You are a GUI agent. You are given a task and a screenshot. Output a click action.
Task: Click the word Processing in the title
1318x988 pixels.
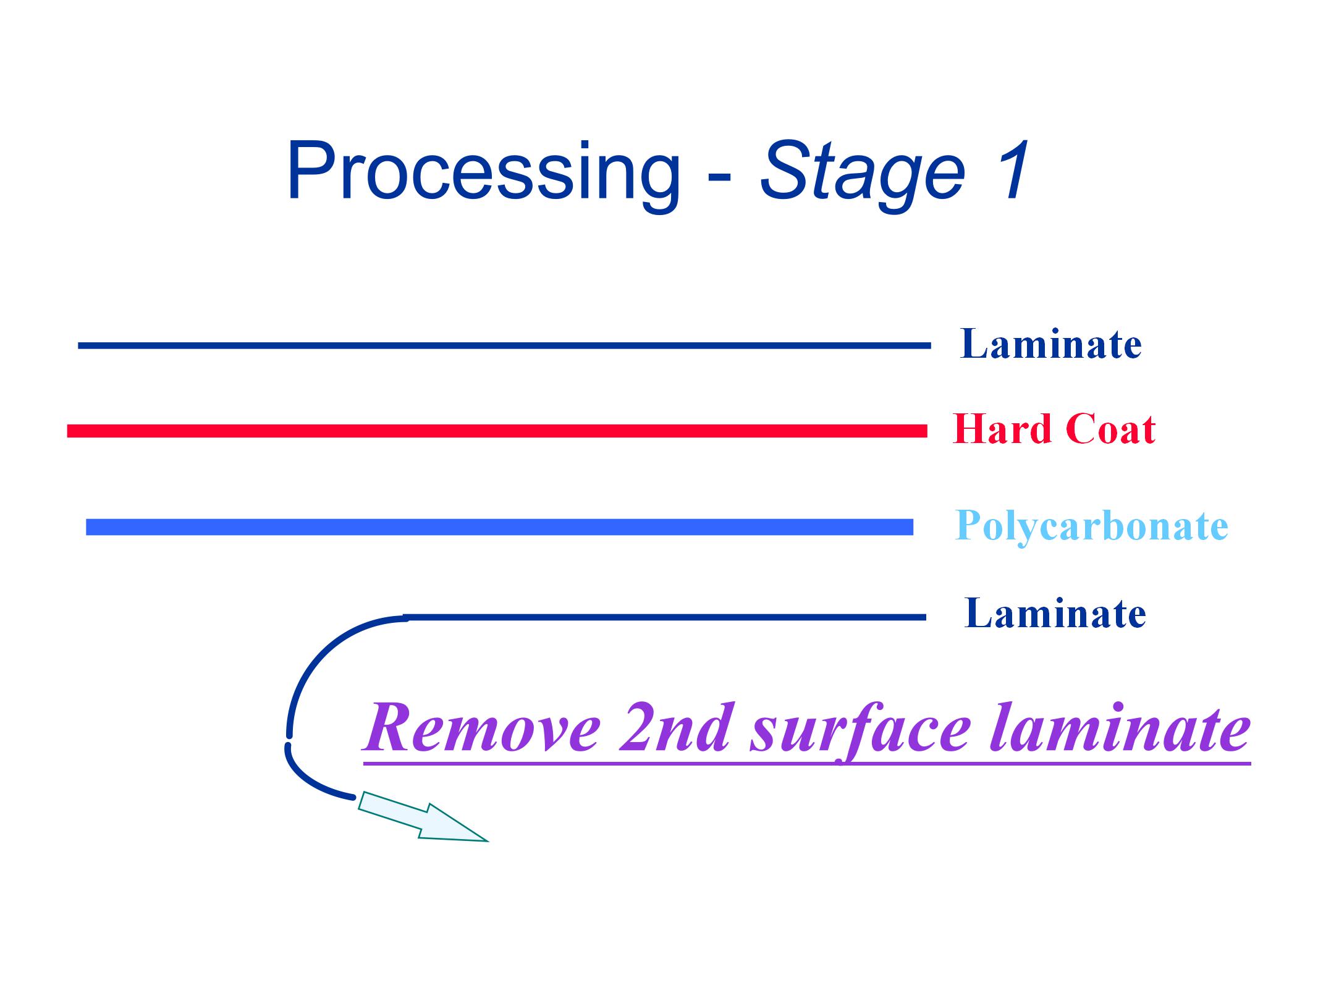[482, 172]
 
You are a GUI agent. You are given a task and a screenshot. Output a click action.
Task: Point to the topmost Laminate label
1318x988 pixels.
[1050, 344]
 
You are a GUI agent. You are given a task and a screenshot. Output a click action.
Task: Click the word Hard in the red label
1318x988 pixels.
[1002, 429]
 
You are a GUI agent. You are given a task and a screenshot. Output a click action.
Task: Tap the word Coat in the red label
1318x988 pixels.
[1110, 429]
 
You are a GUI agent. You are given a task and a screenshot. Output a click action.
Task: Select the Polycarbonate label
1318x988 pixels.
[1091, 526]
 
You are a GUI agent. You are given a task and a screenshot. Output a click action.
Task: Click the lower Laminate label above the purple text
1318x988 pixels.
[1055, 614]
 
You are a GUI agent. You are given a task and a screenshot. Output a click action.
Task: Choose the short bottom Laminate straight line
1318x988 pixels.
[664, 617]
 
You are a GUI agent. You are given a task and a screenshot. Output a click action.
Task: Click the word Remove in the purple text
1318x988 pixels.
[482, 728]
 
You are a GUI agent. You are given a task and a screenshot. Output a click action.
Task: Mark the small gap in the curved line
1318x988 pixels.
[288, 740]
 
